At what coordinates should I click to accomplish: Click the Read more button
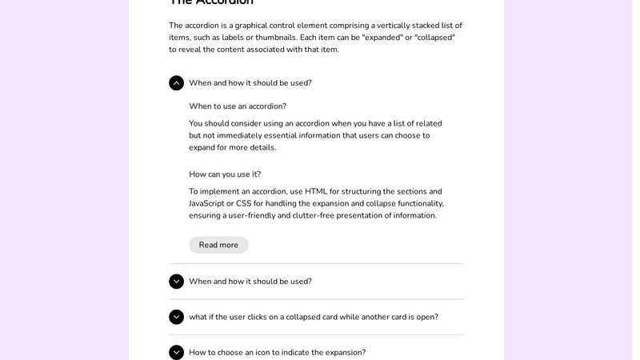tap(218, 245)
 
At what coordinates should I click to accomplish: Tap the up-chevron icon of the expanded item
tap(176, 83)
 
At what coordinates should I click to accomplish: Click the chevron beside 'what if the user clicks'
tap(176, 317)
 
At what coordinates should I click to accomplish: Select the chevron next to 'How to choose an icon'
tap(176, 352)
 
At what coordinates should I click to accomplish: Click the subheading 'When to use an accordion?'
tap(238, 106)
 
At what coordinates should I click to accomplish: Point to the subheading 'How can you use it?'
tap(225, 174)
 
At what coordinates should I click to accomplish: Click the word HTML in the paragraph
tap(316, 191)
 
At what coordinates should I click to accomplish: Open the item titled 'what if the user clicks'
tap(314, 317)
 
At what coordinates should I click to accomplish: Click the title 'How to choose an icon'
tap(277, 352)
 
